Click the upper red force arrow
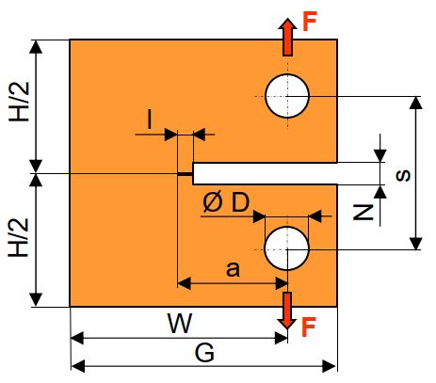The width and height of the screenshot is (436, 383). coord(287,37)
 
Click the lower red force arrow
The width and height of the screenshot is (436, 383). coord(287,311)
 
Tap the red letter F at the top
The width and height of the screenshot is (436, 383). coord(310,22)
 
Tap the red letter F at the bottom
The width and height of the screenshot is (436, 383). coord(309,327)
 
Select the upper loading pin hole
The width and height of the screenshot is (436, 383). coord(287,96)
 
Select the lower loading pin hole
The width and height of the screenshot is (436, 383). coord(286,248)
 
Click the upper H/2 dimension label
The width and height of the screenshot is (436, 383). coord(20,102)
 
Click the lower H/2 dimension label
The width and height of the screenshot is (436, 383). coord(19,238)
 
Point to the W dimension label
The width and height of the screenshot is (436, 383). coord(180,324)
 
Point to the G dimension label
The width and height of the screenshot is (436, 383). coord(204,353)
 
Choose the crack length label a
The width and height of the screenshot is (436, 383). coord(233,269)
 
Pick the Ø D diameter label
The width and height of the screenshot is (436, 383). coord(226,202)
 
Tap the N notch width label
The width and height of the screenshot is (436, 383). coord(363,213)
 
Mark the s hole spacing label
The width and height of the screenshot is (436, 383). coord(403,175)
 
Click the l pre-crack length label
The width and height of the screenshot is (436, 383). coord(150,120)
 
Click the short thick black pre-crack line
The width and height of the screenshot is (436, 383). coord(186,173)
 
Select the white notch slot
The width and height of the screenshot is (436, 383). coord(265,173)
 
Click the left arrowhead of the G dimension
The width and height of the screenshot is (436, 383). coord(78,366)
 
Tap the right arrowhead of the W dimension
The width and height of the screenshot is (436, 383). coord(281,338)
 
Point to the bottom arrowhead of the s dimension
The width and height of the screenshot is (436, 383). coord(416,244)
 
